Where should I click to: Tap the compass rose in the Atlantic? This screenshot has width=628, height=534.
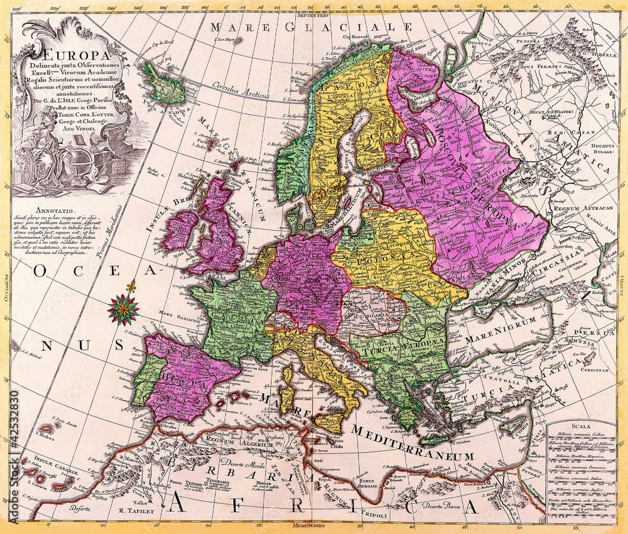tap(123, 308)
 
